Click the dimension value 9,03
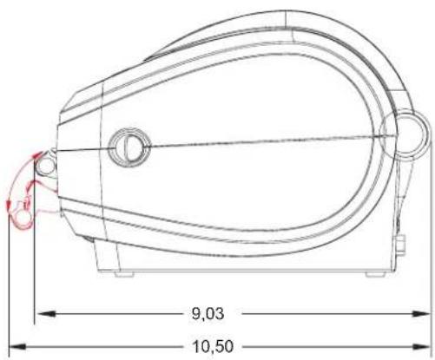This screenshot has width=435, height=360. tap(208, 313)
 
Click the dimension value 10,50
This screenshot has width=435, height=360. tap(213, 346)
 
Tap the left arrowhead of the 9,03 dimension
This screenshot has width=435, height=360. tap(45, 313)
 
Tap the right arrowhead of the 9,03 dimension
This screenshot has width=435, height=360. tap(422, 313)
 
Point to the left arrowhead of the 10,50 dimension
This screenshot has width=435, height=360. tap(18, 346)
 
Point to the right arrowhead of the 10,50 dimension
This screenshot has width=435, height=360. tap(422, 346)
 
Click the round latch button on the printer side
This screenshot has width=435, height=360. tap(129, 147)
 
